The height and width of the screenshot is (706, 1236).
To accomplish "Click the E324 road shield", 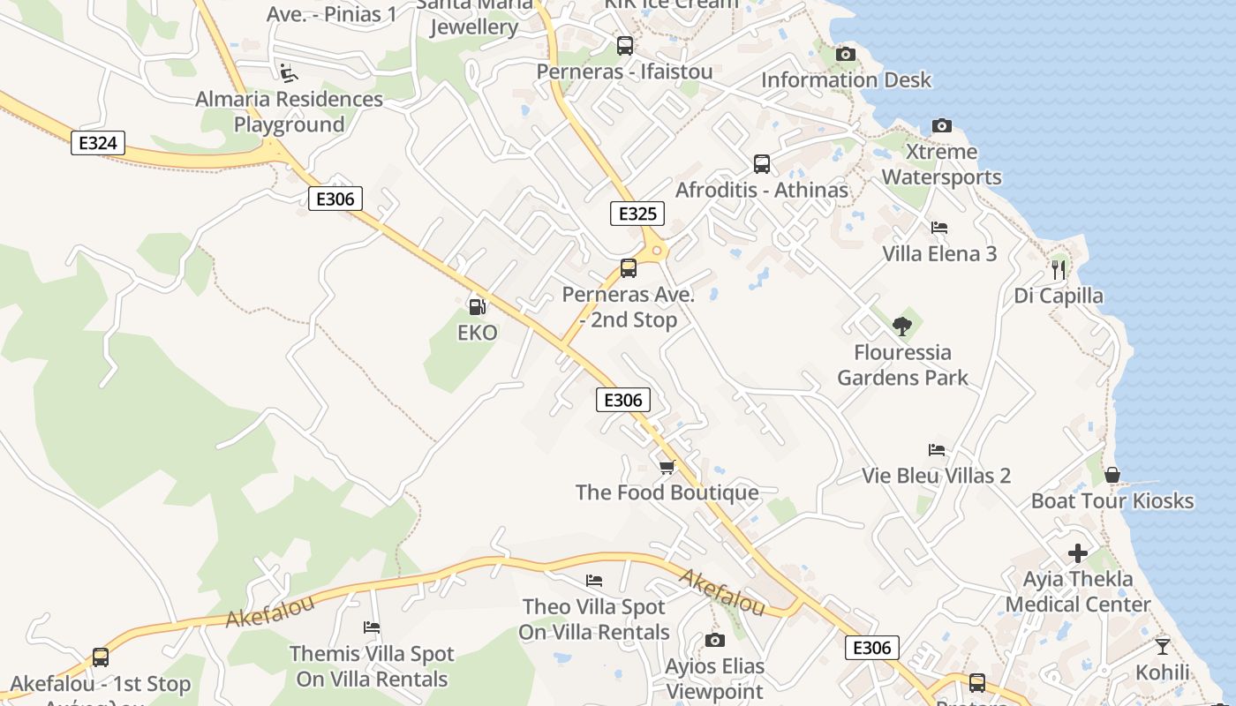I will tap(98, 143).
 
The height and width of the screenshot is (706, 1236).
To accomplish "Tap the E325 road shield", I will tap(637, 214).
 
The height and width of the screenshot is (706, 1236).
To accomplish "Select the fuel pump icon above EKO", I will tap(477, 307).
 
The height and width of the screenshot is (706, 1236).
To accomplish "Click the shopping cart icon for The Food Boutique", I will tap(667, 467).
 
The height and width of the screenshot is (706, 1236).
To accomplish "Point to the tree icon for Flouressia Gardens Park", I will tap(901, 327).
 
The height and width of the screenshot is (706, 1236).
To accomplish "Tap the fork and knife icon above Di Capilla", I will tap(1059, 269).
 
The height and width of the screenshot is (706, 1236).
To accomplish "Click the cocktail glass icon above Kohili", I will tap(1162, 647).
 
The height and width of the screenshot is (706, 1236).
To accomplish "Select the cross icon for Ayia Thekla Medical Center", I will tap(1078, 553).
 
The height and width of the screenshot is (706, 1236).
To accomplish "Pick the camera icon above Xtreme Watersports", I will tap(942, 126).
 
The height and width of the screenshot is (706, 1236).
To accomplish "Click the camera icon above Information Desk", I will tap(845, 55).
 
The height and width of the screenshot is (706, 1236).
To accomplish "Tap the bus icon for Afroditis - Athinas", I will tap(761, 164).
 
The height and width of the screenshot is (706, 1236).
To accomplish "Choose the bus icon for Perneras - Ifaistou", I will tap(624, 46).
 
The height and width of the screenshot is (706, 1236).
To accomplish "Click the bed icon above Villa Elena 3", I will tap(939, 228).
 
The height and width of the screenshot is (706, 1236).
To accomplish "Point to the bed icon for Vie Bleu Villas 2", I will tap(936, 450).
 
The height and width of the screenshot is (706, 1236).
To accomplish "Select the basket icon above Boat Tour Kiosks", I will tap(1112, 476).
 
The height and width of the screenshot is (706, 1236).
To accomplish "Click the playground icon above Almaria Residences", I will tap(288, 72).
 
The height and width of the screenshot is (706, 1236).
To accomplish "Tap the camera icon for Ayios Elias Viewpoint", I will tap(714, 640).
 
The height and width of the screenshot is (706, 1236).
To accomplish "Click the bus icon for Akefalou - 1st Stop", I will tap(100, 657).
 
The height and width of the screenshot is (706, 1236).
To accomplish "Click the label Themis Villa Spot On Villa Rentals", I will tap(372, 666).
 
